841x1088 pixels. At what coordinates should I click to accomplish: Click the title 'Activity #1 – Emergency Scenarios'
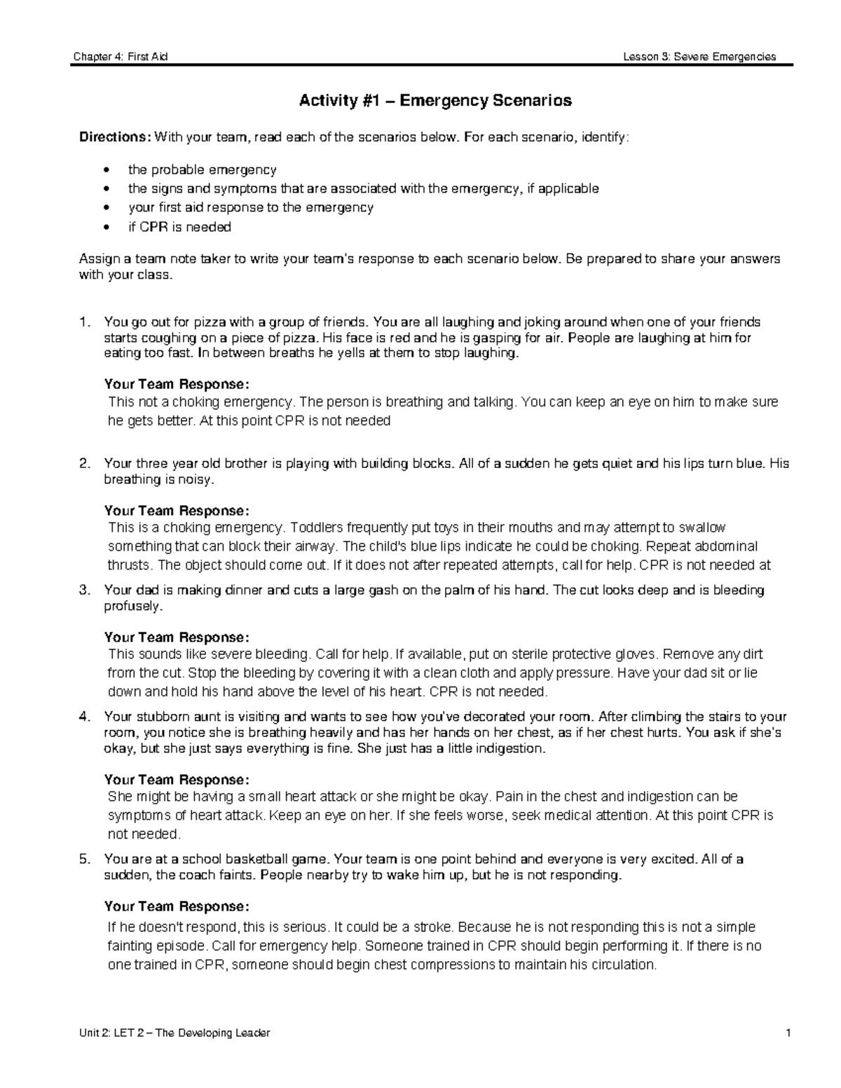point(435,101)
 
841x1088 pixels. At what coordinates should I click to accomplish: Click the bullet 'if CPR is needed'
point(179,227)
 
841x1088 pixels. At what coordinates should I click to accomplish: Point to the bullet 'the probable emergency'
point(202,170)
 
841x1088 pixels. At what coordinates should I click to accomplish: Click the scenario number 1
point(84,323)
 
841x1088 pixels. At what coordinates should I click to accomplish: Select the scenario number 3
point(84,591)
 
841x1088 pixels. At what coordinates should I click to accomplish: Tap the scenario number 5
point(84,860)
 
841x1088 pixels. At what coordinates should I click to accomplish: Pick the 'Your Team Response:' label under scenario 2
point(176,511)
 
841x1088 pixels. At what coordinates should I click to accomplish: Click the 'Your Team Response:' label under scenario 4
point(176,780)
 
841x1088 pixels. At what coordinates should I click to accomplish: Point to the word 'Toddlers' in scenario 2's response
point(313,528)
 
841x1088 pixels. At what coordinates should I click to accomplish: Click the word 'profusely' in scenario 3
point(132,606)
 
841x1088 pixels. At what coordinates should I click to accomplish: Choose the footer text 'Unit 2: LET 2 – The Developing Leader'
point(175,1033)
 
